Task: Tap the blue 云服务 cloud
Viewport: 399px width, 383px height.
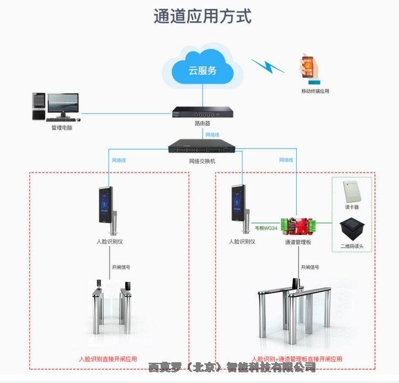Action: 202,69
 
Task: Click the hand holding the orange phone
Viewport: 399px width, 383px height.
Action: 311,69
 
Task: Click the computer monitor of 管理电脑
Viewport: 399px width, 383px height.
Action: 63,105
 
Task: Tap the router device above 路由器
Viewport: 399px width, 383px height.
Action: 202,113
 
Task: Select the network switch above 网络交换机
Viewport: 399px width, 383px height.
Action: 202,145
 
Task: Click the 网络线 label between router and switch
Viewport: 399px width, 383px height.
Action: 212,135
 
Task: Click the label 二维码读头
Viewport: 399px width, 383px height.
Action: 352,246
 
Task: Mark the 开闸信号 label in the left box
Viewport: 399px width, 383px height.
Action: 121,267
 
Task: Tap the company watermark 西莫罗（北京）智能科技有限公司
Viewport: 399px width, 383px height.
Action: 232,367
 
